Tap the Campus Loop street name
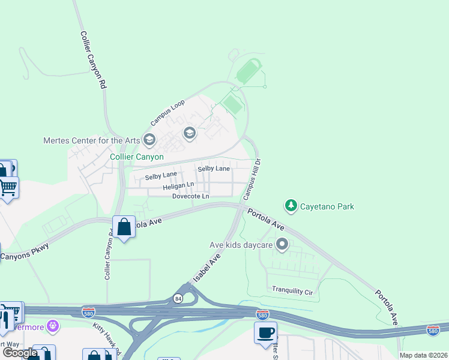point(167,112)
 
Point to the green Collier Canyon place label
point(137,157)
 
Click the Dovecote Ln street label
point(191,196)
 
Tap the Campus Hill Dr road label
point(253,179)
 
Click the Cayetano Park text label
point(328,206)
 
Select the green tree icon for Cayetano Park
point(291,206)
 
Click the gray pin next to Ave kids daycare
point(282,244)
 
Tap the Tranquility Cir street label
point(293,290)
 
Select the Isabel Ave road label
point(206,268)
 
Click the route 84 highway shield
point(178,298)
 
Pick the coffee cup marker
point(265,332)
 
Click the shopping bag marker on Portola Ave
point(124,227)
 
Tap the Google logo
point(19,353)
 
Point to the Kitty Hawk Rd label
point(107,338)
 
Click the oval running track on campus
point(249,73)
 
